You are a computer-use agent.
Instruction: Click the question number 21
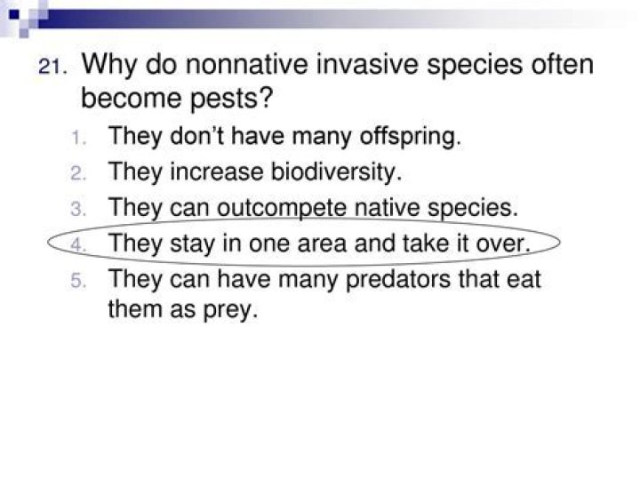tap(52, 67)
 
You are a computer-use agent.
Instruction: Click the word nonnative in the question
tap(247, 65)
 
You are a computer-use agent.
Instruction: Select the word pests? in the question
tap(231, 99)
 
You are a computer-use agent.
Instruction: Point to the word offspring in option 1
tap(410, 137)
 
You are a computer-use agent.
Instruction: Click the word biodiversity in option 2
tap(336, 172)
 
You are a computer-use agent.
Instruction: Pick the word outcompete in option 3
tap(282, 208)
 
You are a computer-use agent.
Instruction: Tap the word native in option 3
tap(387, 207)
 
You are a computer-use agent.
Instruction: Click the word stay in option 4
tap(192, 244)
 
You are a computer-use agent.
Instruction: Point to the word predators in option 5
tap(398, 280)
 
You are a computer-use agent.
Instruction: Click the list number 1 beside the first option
tap(78, 138)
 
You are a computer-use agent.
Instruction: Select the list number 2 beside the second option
tap(78, 173)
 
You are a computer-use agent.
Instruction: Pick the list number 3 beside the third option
tap(78, 210)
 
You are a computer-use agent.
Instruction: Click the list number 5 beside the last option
tap(78, 281)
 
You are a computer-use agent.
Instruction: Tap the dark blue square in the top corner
tap(14, 15)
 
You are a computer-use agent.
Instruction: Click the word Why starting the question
tap(109, 65)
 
